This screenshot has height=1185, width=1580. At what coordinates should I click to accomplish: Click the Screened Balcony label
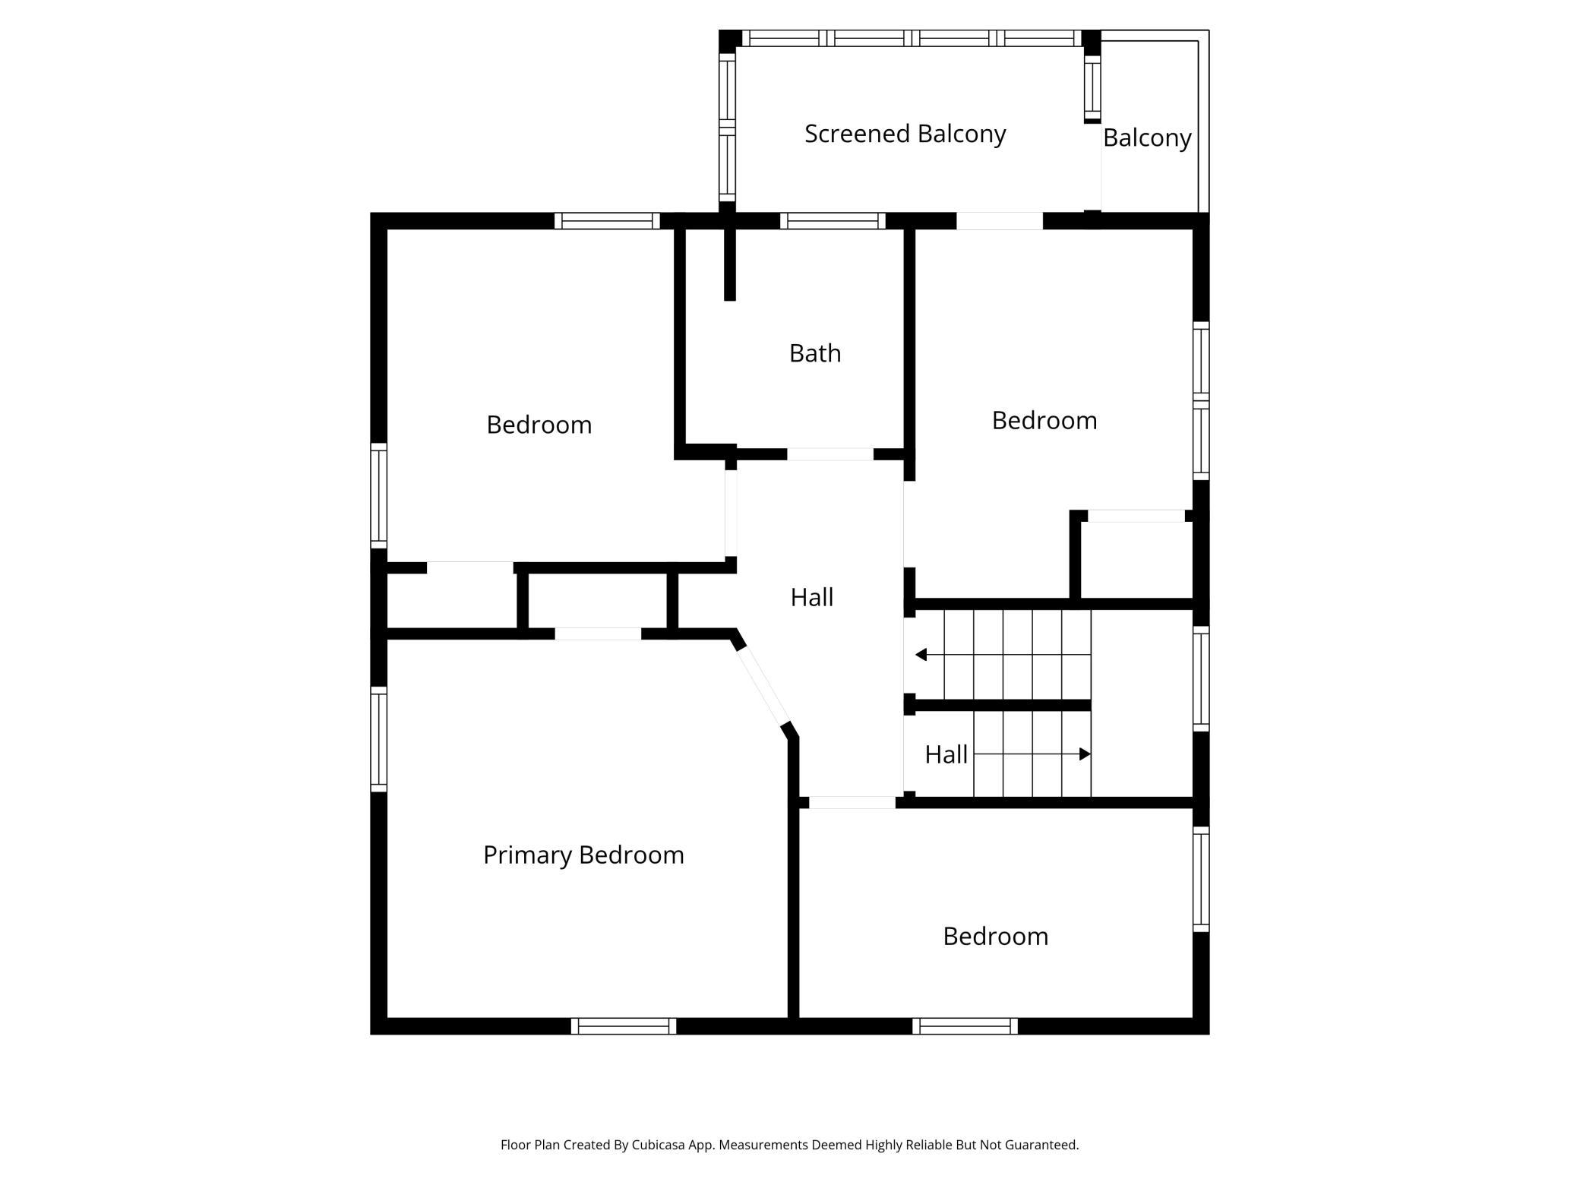tap(905, 134)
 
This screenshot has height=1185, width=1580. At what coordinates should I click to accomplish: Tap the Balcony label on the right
tap(1147, 137)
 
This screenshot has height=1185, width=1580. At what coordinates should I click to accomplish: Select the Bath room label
tap(815, 353)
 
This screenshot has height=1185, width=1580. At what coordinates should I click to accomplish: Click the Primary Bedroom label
tap(583, 855)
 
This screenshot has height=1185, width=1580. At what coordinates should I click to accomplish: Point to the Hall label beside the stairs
tap(946, 754)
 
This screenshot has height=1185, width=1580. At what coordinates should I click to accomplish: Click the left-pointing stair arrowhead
tap(921, 655)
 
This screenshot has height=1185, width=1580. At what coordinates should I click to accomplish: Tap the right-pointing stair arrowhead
tap(1085, 754)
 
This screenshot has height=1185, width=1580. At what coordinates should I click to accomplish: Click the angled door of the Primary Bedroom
tap(764, 686)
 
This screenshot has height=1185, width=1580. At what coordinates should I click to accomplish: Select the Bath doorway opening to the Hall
tap(830, 454)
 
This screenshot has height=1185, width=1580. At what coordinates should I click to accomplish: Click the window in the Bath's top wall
tap(833, 221)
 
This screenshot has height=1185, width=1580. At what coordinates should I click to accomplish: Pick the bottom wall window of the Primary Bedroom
tap(624, 1026)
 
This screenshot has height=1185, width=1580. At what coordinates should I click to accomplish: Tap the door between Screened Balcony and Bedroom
tap(1000, 221)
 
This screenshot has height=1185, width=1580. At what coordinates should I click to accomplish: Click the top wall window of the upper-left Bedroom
tap(607, 221)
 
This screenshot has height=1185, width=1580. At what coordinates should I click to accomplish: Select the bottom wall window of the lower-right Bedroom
tap(965, 1026)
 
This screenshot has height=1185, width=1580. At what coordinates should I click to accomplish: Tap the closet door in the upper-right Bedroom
tap(1136, 516)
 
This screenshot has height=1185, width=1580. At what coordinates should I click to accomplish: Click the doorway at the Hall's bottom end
tap(852, 802)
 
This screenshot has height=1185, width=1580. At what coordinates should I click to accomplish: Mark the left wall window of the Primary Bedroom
tap(378, 739)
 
